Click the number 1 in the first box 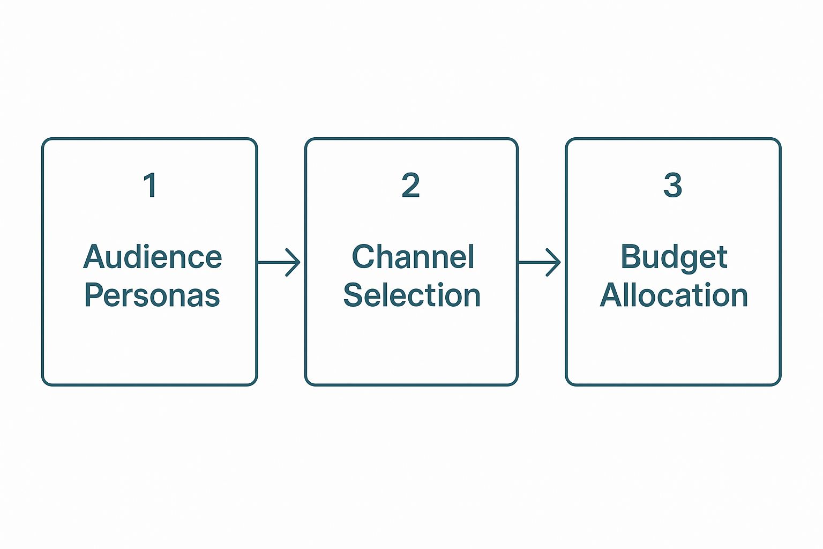click(150, 186)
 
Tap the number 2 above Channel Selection click(411, 186)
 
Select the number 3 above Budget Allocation click(672, 186)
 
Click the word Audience click(153, 257)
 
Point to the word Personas click(152, 295)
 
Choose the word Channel click(413, 257)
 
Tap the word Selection click(411, 295)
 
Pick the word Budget click(674, 258)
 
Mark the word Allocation click(674, 295)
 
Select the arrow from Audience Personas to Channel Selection click(280, 262)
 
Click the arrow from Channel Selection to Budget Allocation click(540, 262)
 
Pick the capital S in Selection click(353, 295)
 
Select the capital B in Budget click(631, 257)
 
